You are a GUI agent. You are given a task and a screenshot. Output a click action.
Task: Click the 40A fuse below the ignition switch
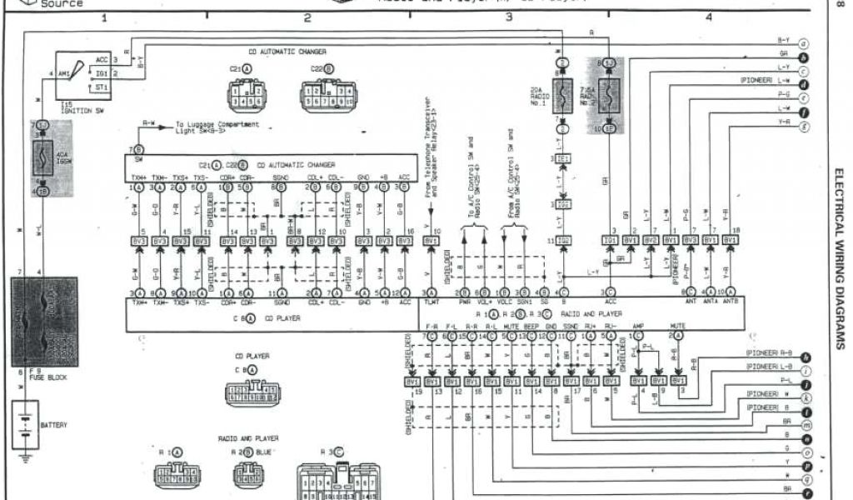tap(42, 158)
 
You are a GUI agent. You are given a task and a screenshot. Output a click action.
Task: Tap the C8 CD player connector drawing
tap(252, 391)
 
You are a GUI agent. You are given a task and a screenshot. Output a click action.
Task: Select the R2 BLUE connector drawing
tap(249, 474)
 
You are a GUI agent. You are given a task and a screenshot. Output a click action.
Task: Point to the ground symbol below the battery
tap(26, 457)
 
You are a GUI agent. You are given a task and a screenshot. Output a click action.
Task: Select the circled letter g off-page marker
tap(804, 127)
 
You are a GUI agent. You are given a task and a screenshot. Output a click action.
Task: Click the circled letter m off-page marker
tap(805, 425)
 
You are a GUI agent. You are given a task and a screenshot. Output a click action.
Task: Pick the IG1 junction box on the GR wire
tap(610, 240)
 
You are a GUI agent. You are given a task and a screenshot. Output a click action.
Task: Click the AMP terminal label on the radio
tap(638, 327)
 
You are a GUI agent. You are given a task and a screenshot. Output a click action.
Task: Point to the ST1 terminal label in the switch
tap(101, 87)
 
